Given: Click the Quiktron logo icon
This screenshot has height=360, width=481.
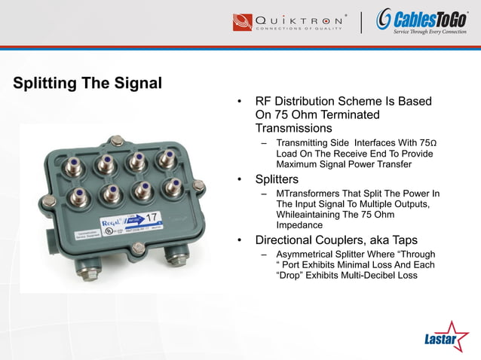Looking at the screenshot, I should [243, 21].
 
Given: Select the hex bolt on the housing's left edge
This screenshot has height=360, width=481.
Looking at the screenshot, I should [48, 201].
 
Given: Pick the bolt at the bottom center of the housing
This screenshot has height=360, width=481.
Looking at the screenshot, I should [138, 247].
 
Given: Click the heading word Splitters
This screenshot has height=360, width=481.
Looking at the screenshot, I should [277, 180].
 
